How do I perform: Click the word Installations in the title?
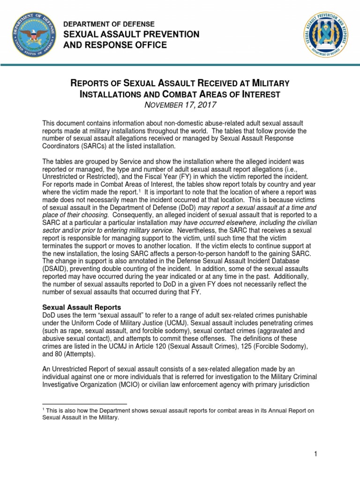(x=107, y=94)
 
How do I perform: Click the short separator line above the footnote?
(x=85, y=404)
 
